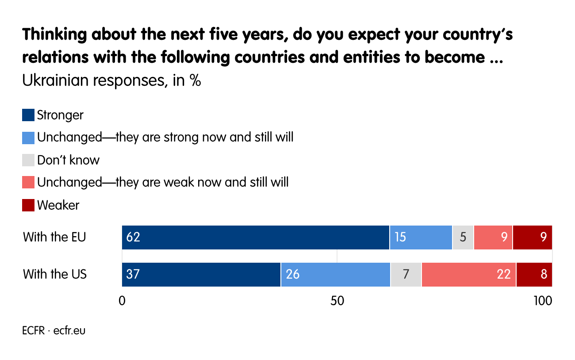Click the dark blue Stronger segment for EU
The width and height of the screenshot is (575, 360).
tap(256, 237)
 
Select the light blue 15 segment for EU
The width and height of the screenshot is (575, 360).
tap(421, 237)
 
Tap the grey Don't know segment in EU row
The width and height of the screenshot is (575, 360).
tap(463, 237)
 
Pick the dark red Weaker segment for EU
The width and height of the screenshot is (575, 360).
tap(533, 237)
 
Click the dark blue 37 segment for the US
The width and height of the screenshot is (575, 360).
tap(201, 275)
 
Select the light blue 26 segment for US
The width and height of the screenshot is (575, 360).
tap(335, 275)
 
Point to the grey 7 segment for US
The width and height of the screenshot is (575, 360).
tap(406, 275)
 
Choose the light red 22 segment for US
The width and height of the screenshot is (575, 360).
tap(468, 275)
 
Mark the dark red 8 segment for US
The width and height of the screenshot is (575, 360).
tap(534, 275)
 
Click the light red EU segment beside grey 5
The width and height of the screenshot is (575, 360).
tap(493, 237)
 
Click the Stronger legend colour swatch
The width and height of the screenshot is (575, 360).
tap(28, 115)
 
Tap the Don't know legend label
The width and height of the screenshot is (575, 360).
tap(68, 160)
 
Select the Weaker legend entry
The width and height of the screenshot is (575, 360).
tap(58, 205)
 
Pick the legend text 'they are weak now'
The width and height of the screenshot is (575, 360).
tap(163, 182)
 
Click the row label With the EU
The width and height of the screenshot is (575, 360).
tap(54, 237)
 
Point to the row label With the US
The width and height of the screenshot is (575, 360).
tap(55, 274)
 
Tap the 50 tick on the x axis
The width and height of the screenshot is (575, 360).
tap(337, 301)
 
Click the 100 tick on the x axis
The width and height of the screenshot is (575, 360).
tap(542, 301)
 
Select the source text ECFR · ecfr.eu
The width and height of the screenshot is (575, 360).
tap(54, 330)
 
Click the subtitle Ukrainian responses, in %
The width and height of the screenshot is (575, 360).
tap(111, 81)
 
